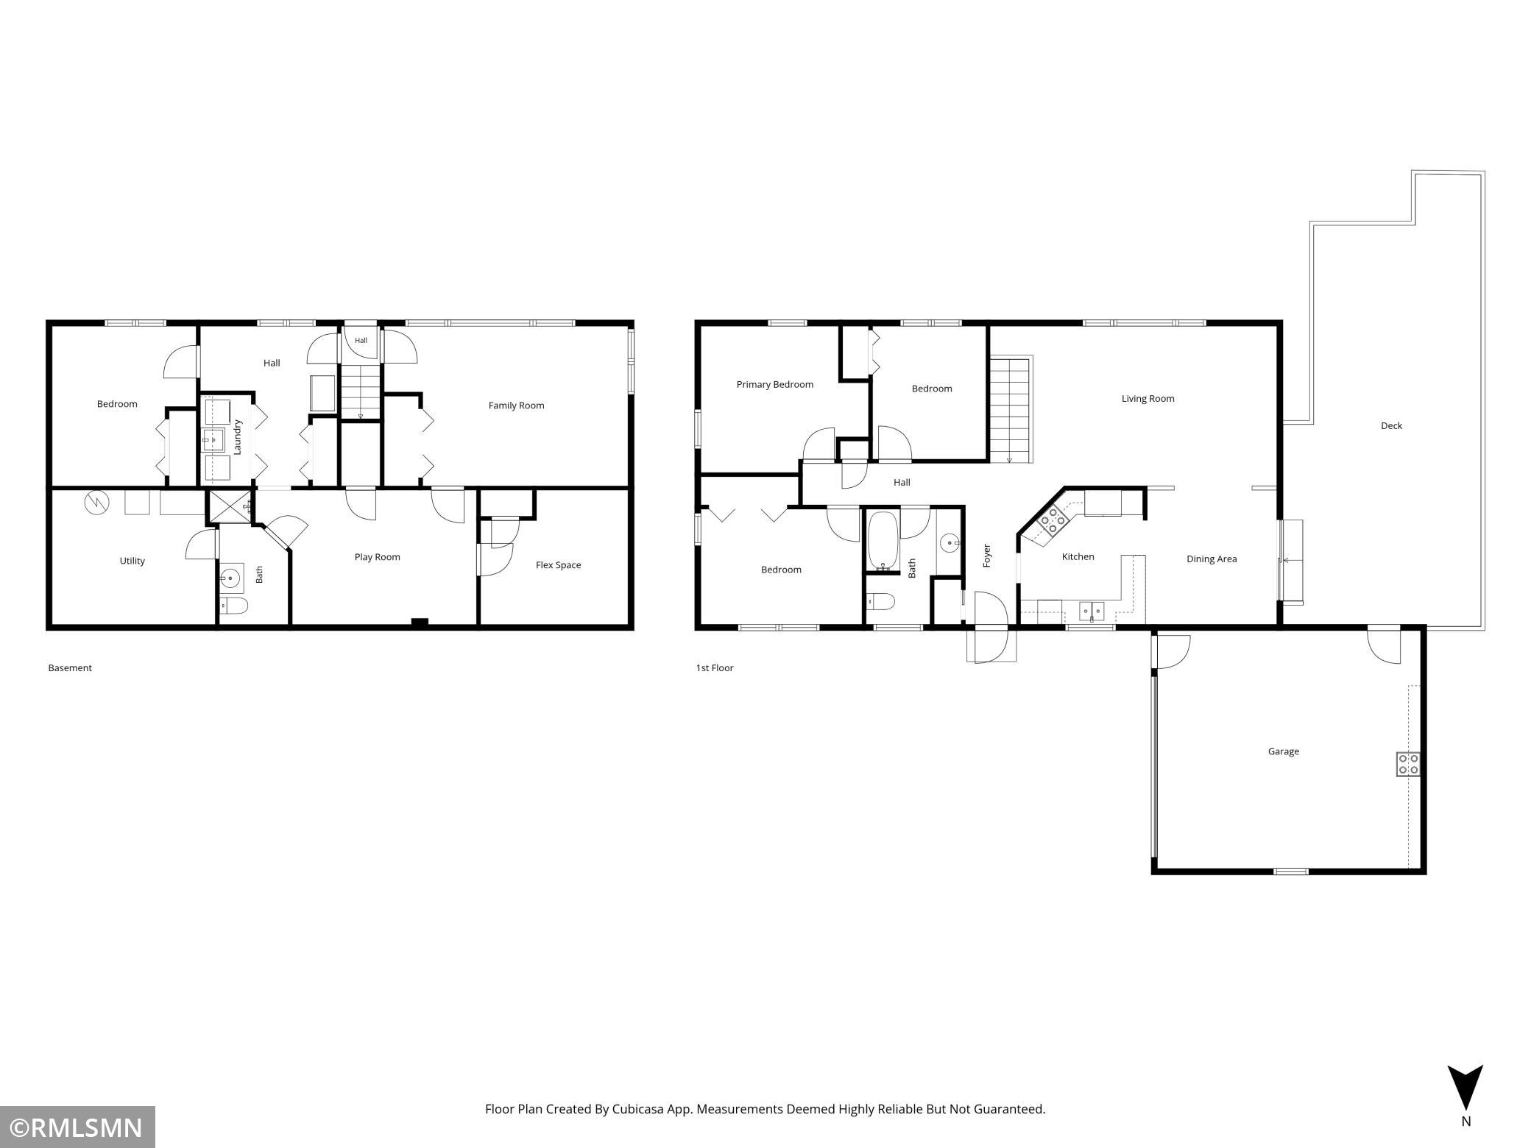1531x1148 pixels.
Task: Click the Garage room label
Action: [x=1283, y=751]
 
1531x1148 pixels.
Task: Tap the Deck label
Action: [x=1391, y=425]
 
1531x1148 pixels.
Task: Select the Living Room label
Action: [x=1148, y=399]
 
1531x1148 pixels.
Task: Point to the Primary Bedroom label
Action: [x=775, y=384]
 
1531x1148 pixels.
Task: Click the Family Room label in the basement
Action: [x=516, y=405]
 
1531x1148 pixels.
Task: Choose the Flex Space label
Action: [x=558, y=565]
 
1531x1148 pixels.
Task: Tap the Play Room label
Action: [x=377, y=557]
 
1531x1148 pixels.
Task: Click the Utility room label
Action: [x=132, y=561]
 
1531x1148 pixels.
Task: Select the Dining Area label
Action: [x=1212, y=559]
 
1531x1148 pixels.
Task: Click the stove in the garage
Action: [x=1408, y=764]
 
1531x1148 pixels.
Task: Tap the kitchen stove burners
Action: [x=1053, y=520]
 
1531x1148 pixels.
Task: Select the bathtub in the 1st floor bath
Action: [x=883, y=541]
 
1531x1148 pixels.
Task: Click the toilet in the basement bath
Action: [x=235, y=606]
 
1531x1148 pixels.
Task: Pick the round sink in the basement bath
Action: [x=232, y=578]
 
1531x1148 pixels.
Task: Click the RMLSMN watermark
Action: [x=77, y=1127]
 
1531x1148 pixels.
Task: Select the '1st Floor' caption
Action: [x=715, y=668]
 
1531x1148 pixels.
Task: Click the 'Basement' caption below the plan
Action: [x=70, y=668]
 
